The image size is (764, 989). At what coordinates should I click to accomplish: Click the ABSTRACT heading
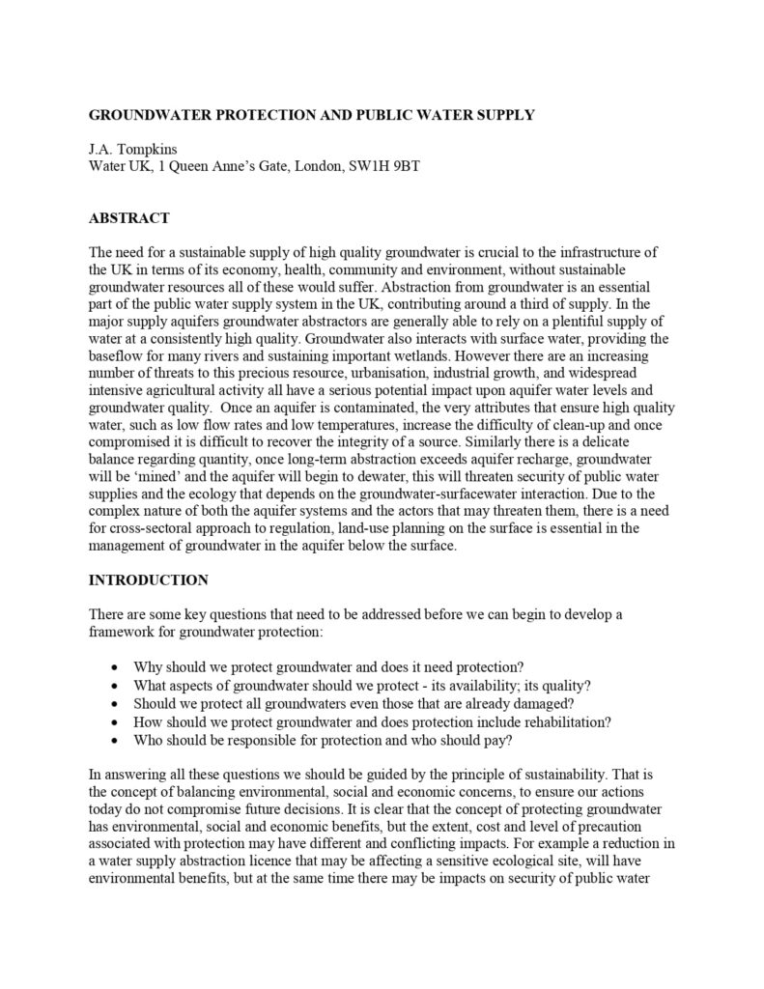tap(129, 218)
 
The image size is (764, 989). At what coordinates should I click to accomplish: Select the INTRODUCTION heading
tap(148, 580)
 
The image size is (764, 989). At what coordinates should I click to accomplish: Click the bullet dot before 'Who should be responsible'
tap(116, 740)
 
